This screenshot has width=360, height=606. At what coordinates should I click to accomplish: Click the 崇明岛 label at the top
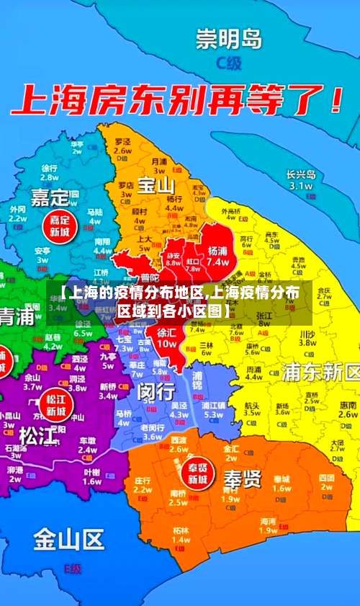(230, 37)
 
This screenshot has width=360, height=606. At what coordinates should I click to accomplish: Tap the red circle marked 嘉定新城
(58, 226)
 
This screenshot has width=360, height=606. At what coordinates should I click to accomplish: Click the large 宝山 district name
(156, 185)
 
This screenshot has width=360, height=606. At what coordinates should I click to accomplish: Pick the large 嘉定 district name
(50, 196)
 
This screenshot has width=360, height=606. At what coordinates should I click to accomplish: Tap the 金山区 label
(68, 538)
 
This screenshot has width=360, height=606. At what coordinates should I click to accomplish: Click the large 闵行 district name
(156, 391)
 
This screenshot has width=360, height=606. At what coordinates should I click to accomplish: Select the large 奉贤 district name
(242, 479)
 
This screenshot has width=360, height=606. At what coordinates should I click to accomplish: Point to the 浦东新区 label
(320, 373)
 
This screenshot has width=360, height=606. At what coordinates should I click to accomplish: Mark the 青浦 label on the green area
(16, 317)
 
